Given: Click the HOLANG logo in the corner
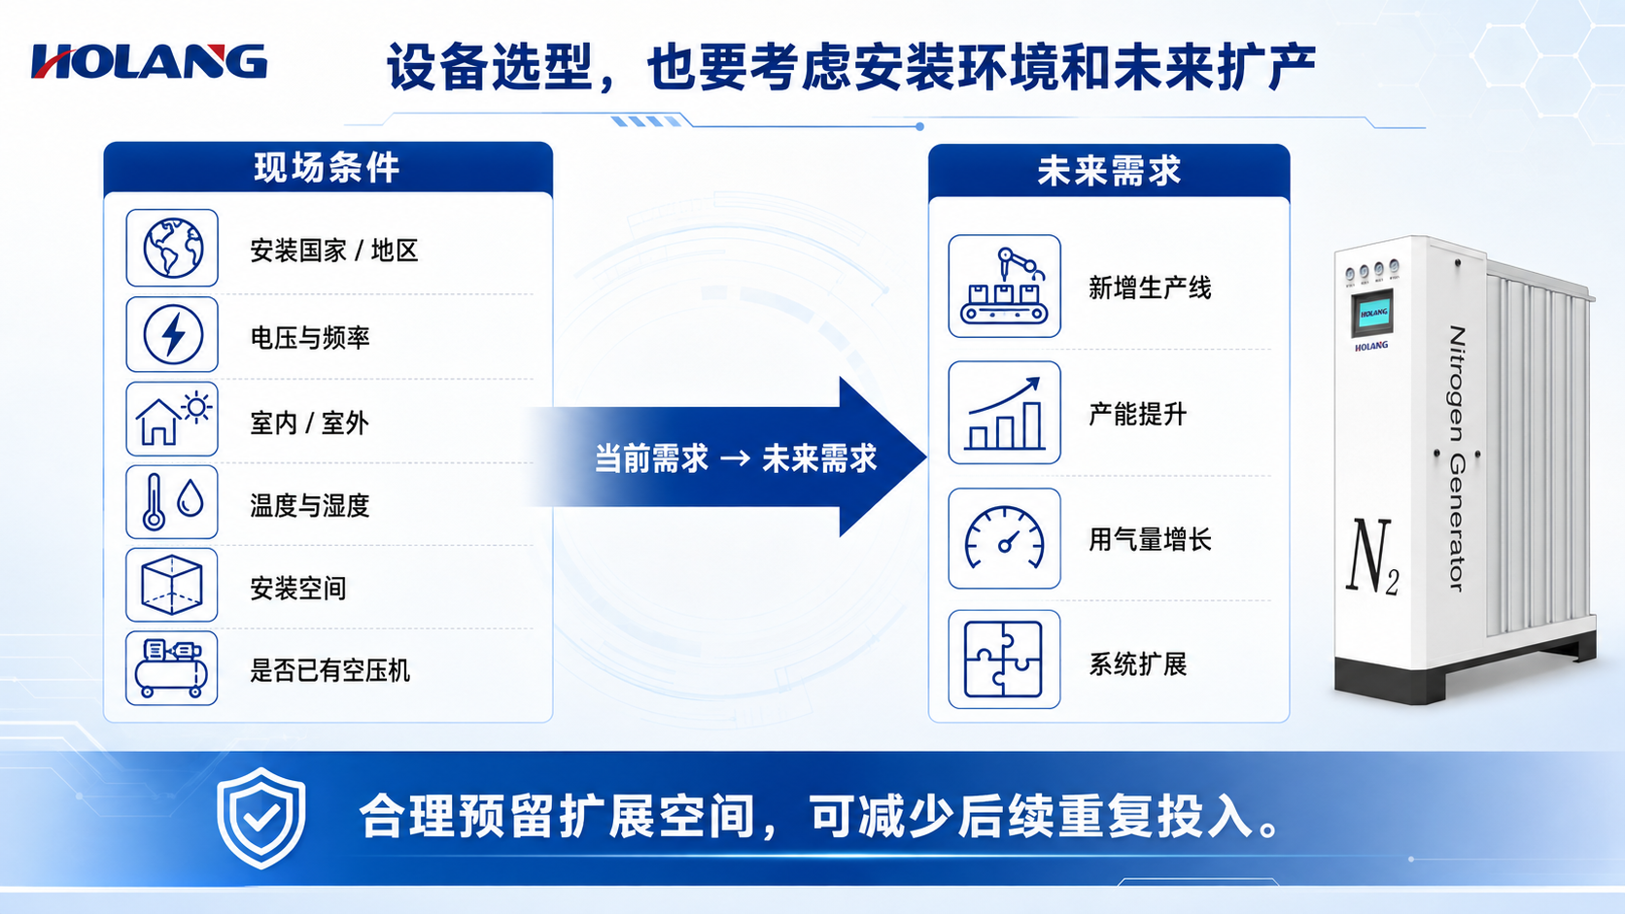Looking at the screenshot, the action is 149,61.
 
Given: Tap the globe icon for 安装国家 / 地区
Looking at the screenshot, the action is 172,248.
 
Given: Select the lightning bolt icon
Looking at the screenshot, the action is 172,334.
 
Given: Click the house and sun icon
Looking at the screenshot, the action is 172,419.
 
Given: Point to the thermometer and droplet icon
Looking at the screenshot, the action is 172,501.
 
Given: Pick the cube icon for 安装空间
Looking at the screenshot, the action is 172,585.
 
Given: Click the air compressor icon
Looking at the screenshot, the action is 172,668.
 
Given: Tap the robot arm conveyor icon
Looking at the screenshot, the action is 1004,286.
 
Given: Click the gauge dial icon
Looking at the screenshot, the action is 1004,538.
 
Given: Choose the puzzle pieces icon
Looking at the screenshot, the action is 1004,659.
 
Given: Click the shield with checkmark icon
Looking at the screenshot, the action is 260,818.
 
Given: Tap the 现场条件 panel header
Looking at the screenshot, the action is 328,167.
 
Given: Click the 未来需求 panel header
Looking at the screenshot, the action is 1109,171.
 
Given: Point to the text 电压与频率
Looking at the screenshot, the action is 310,338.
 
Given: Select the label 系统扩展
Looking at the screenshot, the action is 1137,664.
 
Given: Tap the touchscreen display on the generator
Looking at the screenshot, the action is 1372,313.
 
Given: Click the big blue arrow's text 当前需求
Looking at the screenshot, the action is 651,458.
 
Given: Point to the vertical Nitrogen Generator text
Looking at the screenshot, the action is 1457,458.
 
